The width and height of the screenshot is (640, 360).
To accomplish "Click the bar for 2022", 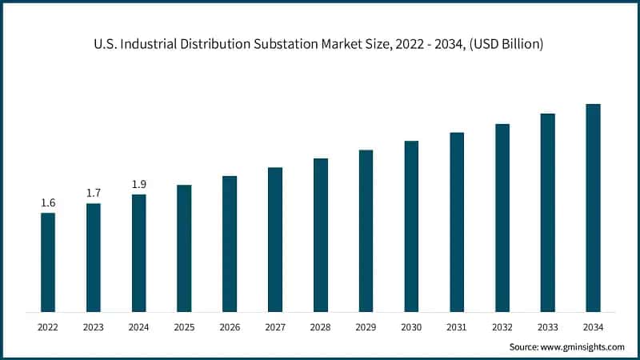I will (x=48, y=262).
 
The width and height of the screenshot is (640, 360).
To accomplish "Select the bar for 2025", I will (x=184, y=248).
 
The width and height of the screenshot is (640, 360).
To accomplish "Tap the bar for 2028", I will (x=320, y=235).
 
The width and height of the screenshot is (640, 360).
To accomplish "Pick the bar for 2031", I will (x=457, y=222).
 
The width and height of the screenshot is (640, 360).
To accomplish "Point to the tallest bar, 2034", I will (x=593, y=208).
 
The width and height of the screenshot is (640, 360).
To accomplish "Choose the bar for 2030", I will (x=411, y=226).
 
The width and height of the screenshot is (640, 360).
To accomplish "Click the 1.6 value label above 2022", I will (x=48, y=203).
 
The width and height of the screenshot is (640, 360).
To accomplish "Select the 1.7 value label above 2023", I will (x=94, y=194).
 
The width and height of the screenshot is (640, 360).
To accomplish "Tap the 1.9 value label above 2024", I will (x=139, y=185).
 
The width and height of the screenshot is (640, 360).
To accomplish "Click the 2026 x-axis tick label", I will (x=230, y=327).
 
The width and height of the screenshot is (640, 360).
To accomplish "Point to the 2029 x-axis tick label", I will (x=366, y=327).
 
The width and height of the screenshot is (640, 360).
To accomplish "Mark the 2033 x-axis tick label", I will (x=547, y=327).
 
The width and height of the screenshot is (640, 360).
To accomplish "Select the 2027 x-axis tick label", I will (x=275, y=327).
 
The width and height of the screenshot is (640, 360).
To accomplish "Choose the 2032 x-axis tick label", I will (x=502, y=327).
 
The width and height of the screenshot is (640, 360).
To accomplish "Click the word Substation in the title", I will (x=283, y=45).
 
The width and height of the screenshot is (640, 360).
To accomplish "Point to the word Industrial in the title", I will (x=148, y=45).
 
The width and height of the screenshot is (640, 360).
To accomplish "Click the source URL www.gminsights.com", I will (x=582, y=347).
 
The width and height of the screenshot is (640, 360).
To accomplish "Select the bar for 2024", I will (x=139, y=253).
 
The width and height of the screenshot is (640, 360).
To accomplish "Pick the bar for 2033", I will (x=547, y=213).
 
